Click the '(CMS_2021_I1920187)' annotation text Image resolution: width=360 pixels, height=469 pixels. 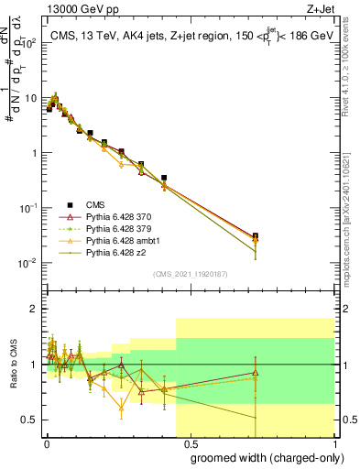pos(190,273)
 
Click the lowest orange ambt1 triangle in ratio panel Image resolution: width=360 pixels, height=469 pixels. pos(121,408)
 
